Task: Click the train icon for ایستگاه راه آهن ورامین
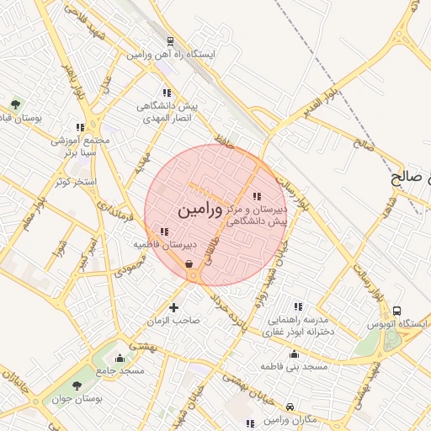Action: click(x=172, y=40)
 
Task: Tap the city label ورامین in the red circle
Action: click(x=200, y=207)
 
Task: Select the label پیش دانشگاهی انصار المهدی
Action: click(x=168, y=114)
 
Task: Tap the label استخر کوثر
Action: click(x=74, y=182)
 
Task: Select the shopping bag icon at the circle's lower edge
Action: click(x=192, y=263)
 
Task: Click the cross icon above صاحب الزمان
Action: click(x=174, y=307)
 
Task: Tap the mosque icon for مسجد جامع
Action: click(x=120, y=357)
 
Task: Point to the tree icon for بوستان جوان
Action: click(x=77, y=385)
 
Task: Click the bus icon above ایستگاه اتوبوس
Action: click(x=397, y=311)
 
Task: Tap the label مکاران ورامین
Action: click(x=290, y=418)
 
